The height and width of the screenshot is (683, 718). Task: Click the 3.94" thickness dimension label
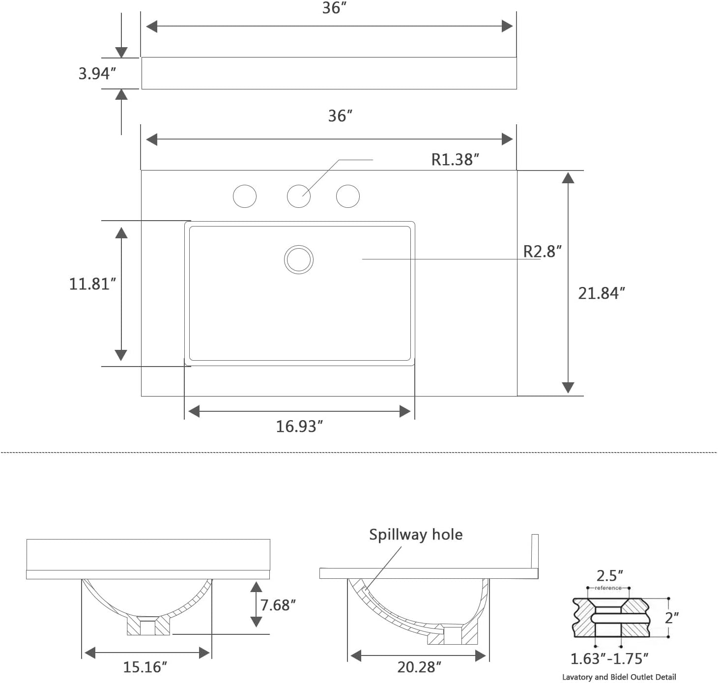(97, 73)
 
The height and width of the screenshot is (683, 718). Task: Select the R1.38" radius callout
(455, 159)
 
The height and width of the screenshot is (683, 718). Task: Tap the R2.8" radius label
(542, 251)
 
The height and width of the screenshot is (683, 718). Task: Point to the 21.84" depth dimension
(601, 293)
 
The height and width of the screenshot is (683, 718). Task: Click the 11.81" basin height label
(92, 284)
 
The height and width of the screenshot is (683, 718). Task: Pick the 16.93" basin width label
(299, 426)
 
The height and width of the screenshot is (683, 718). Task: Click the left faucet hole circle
(245, 197)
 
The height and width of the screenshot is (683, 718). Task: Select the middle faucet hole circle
(299, 197)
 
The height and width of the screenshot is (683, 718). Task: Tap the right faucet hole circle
(348, 197)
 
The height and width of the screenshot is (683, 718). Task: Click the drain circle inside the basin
(299, 259)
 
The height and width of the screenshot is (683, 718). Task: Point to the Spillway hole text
(416, 534)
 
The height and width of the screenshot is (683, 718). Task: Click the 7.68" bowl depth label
(278, 605)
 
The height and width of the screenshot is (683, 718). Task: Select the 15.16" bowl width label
(145, 667)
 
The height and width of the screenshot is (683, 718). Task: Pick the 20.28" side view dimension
(419, 667)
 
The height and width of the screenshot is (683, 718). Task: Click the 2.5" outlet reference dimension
(609, 575)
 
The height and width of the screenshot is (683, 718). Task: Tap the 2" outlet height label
(671, 617)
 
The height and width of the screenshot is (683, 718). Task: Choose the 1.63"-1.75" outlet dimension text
(609, 658)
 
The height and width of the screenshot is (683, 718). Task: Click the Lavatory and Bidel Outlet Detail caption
(619, 677)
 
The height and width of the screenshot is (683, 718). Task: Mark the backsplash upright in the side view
(535, 551)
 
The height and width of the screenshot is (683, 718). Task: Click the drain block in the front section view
(148, 626)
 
